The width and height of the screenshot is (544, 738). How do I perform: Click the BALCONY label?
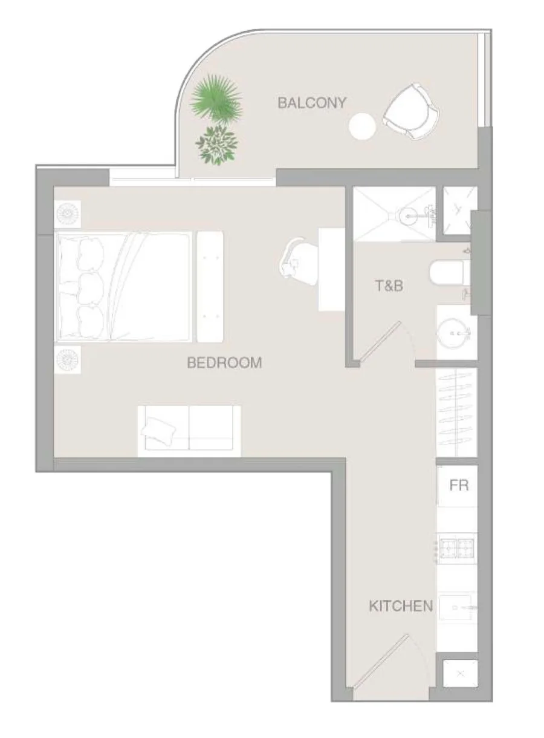coord(311,103)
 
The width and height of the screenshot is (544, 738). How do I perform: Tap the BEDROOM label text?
coord(225,363)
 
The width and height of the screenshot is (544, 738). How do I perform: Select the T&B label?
coord(389,286)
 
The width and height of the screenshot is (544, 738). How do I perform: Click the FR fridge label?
coord(459,485)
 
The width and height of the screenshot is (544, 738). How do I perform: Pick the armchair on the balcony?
coord(411,112)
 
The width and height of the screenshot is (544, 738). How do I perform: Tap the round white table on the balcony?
coord(362,126)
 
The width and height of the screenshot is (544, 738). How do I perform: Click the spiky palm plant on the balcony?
coord(216,99)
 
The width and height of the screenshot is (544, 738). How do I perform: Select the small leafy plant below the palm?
coord(216,145)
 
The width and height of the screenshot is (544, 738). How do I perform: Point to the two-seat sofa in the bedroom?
coord(189,431)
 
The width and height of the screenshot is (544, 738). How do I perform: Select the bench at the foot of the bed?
coord(210,286)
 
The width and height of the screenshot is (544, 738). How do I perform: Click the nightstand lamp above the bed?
coord(68,214)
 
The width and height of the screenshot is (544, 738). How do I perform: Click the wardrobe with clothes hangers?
coord(457,413)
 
